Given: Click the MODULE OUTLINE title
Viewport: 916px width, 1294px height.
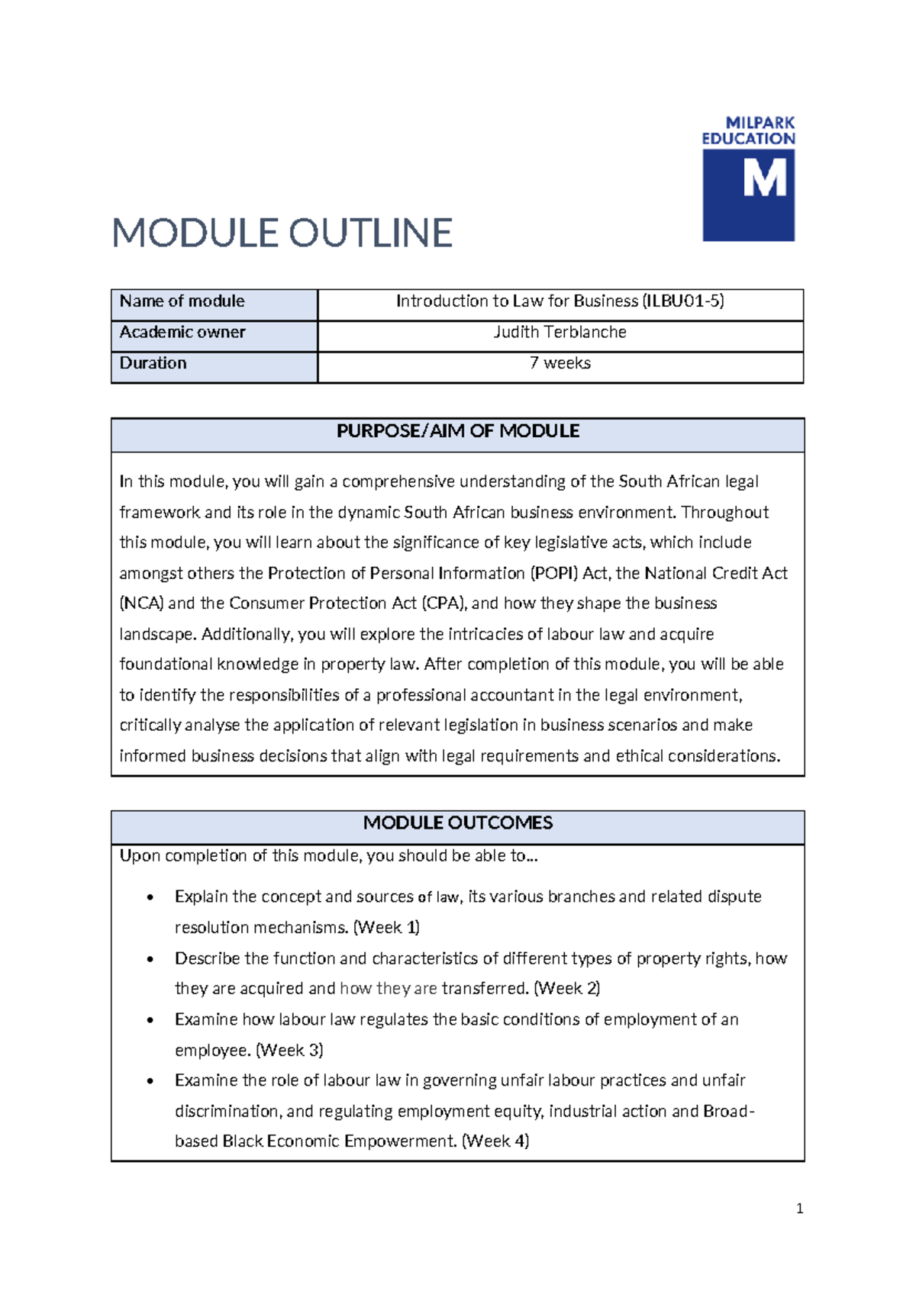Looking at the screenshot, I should point(282,233).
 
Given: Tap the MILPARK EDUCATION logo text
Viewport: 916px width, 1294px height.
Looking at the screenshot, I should point(749,130).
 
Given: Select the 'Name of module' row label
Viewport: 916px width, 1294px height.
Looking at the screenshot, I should point(182,301).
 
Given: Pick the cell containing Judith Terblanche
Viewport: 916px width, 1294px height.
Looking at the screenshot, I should point(560,333).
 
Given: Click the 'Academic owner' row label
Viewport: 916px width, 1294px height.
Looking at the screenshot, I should point(182,333).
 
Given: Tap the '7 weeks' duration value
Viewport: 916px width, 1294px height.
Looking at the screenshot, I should point(560,363).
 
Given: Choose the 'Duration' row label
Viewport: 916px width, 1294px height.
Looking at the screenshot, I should point(153,363).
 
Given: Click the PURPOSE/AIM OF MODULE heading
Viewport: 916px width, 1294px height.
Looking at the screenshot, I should point(457,431).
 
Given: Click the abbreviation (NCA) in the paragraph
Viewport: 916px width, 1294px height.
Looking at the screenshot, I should point(141,604).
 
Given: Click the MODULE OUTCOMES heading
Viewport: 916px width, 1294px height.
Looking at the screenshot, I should point(457,823).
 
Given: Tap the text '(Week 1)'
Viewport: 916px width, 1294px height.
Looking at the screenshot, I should point(387,928).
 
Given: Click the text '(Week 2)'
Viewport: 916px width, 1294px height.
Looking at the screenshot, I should point(567,989).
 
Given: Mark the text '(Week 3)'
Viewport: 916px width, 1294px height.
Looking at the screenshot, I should point(290,1051).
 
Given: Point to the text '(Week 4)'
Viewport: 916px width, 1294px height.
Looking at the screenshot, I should point(496,1141).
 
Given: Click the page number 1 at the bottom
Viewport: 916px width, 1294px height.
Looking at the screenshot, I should point(799,1209).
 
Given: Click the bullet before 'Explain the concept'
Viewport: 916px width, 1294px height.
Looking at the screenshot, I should point(150,898).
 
